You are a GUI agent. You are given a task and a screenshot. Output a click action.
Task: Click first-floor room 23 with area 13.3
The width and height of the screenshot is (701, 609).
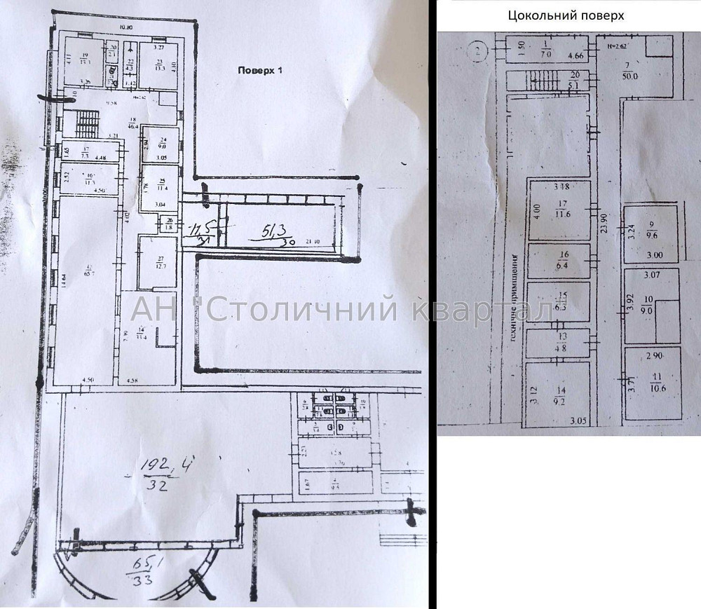[x=158, y=64]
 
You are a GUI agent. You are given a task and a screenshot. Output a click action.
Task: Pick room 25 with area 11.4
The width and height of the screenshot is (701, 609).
[x=161, y=186]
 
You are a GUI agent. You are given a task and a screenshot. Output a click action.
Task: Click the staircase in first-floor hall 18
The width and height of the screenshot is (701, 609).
[x=85, y=125]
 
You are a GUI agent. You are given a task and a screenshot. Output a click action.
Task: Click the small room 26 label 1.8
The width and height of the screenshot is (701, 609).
[x=168, y=224]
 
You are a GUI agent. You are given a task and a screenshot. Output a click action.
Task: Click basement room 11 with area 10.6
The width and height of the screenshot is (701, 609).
[x=653, y=383]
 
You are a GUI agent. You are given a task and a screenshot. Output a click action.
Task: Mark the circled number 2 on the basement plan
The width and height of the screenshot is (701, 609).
[x=476, y=50]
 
